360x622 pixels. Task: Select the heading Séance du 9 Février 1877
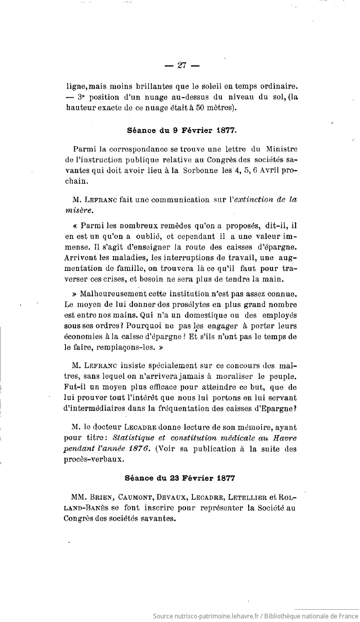[182, 129]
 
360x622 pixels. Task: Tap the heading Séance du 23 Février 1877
[180, 478]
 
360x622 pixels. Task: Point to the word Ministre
[281, 149]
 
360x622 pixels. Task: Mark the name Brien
[104, 497]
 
